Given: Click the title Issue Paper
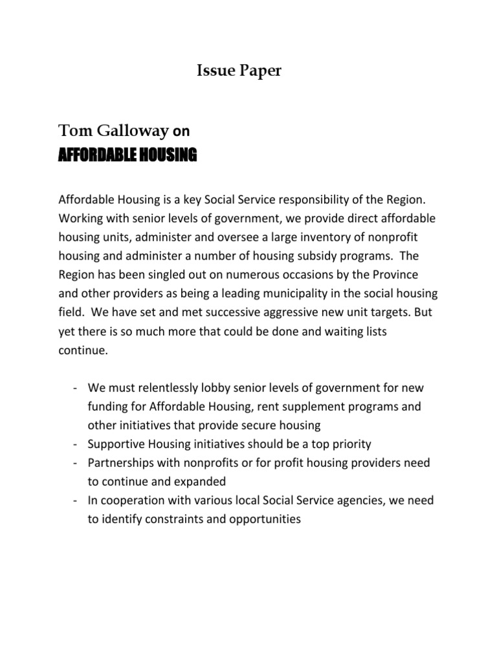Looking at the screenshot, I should point(239,72).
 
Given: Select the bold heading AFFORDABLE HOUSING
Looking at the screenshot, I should point(127,155).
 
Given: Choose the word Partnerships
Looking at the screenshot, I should point(122,463).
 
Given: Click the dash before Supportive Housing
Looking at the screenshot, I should point(76,444).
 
